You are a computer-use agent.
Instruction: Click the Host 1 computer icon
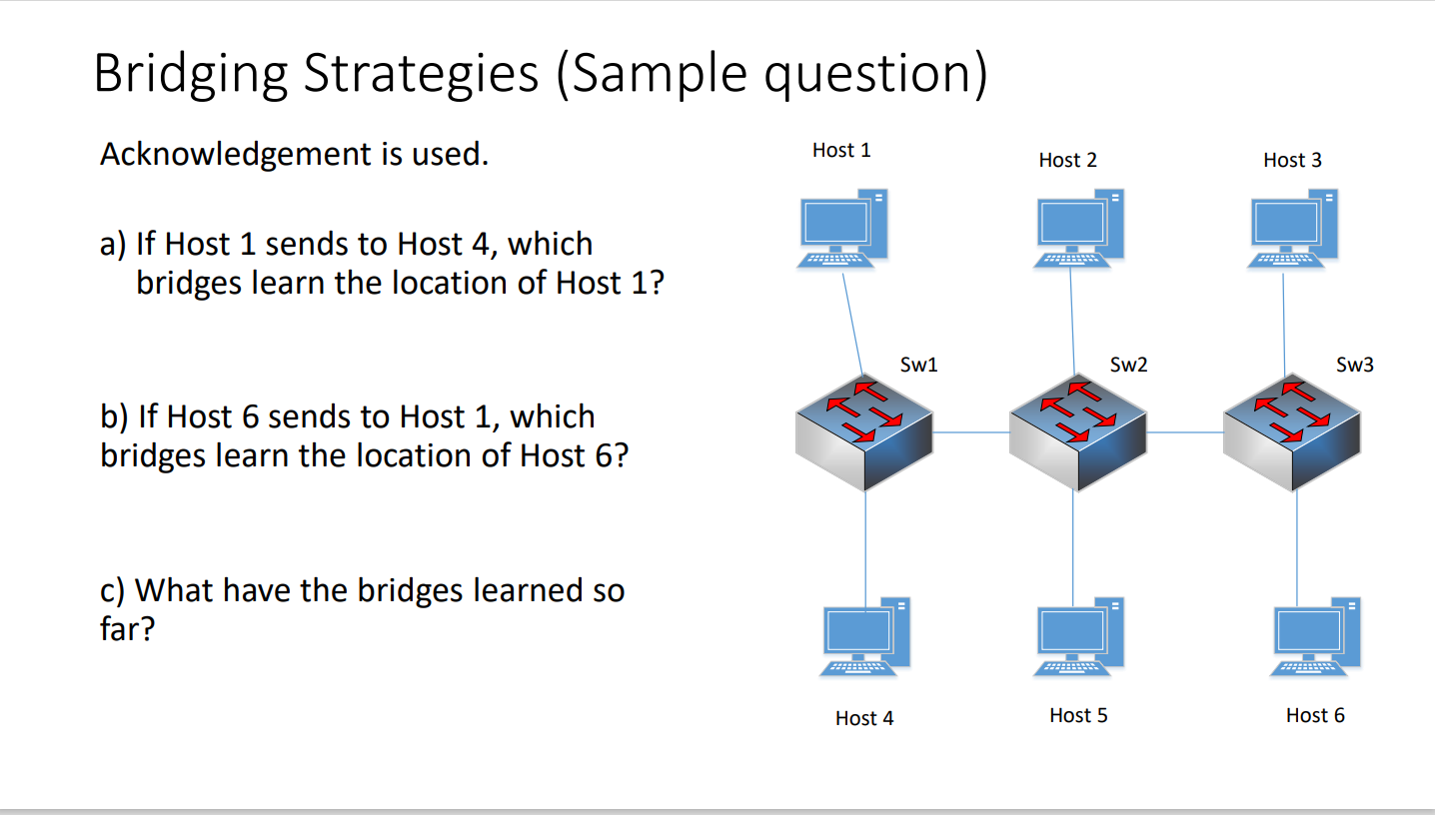(841, 228)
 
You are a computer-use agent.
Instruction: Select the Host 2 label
(1067, 160)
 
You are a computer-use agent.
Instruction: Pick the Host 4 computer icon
(865, 637)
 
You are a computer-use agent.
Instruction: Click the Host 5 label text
(1078, 715)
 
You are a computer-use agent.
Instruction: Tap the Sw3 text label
(1354, 365)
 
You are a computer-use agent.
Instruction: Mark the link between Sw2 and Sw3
(1185, 432)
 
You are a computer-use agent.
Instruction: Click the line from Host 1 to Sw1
(851, 320)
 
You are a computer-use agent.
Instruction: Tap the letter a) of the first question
(114, 245)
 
